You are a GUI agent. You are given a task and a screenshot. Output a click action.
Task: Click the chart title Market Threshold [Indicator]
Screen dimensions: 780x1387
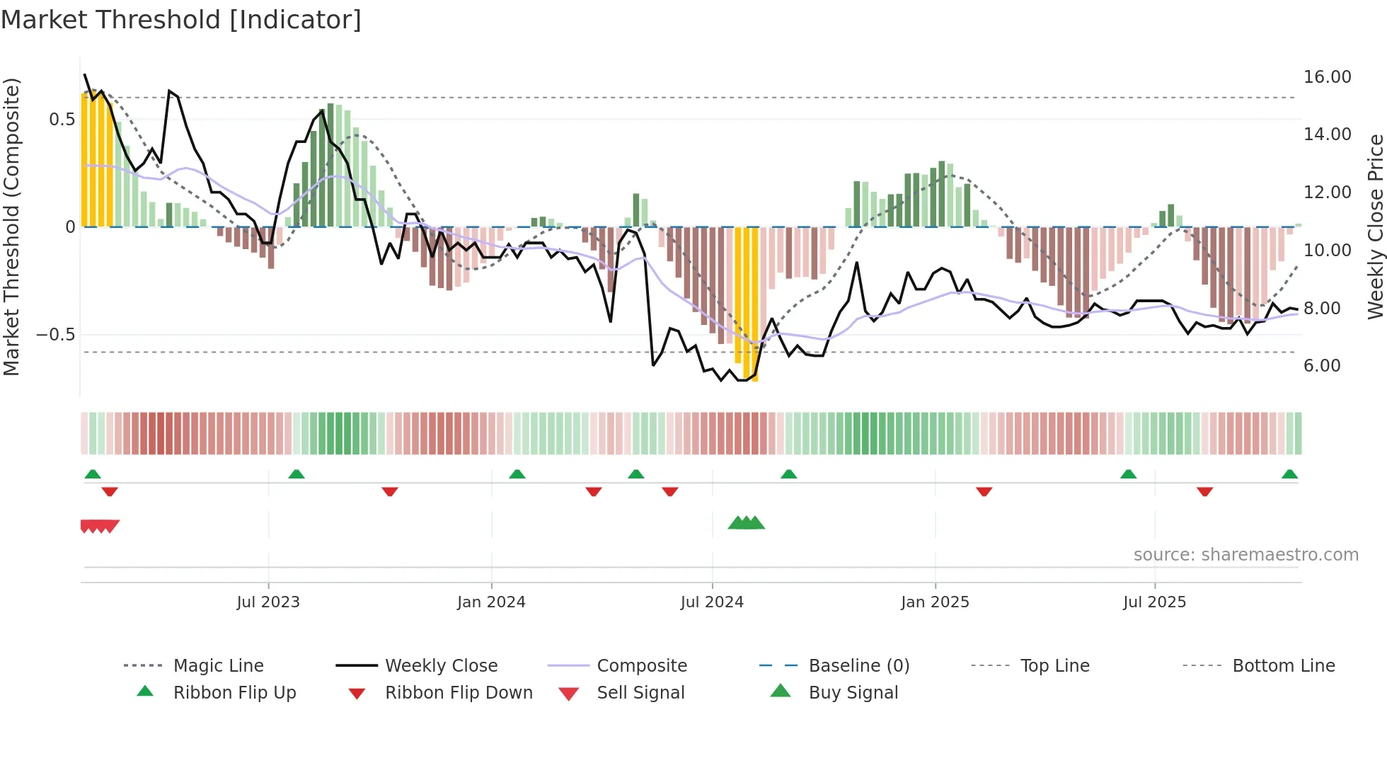click(181, 20)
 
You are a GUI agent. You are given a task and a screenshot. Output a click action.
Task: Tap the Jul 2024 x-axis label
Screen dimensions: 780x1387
click(712, 602)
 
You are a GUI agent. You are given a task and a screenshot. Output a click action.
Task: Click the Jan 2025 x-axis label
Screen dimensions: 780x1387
click(935, 602)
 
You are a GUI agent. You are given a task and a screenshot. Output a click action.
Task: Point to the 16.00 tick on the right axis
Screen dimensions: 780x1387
click(1327, 77)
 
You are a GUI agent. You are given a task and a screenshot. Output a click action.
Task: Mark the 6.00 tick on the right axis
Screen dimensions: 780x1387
click(1322, 366)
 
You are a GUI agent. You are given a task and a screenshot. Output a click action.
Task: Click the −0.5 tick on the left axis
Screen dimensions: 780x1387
click(55, 335)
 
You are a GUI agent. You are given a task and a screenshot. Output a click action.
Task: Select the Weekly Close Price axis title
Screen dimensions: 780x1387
click(1375, 226)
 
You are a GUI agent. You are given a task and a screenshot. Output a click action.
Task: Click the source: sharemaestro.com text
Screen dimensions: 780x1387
click(1245, 555)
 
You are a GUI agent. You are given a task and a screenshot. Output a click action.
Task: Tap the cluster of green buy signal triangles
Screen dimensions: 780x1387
click(747, 524)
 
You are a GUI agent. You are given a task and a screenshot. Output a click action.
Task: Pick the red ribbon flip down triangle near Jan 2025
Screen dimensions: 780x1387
click(984, 491)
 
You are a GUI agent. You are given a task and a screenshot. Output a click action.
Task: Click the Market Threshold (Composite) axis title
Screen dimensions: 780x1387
click(11, 226)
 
